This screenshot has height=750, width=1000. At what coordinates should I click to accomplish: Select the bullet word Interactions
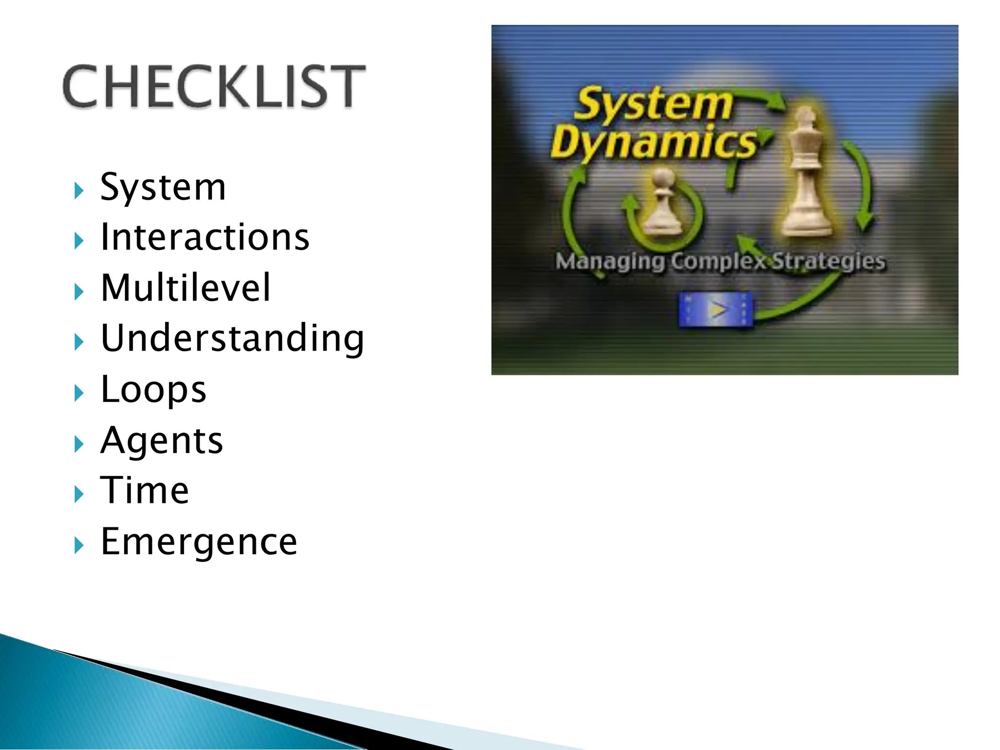point(205,237)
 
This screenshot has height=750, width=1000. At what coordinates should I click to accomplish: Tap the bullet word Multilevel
point(185,288)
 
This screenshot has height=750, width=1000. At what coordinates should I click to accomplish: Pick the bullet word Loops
point(153,389)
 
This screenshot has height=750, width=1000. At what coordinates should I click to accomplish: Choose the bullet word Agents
point(162,440)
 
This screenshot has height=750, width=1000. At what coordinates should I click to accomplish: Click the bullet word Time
point(145,490)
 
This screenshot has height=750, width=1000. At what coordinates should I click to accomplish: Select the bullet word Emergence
point(199,542)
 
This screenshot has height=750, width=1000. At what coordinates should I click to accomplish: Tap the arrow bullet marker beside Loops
point(79,393)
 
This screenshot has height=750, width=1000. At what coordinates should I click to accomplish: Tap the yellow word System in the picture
point(653,104)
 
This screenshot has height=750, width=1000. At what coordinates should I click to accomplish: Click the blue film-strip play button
point(716,310)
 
